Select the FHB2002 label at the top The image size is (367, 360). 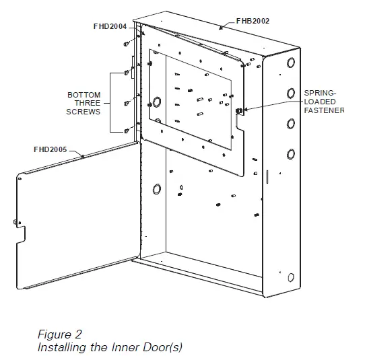click(253, 21)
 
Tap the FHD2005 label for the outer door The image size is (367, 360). click(50, 148)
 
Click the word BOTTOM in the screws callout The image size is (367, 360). click(84, 95)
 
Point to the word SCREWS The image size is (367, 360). click(84, 112)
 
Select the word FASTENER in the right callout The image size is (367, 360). click(324, 110)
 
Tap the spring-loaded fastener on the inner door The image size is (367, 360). click(239, 110)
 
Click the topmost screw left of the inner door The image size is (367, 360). click(127, 43)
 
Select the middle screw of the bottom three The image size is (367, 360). click(127, 103)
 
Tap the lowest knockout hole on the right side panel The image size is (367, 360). click(291, 277)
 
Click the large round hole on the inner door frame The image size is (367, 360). click(156, 102)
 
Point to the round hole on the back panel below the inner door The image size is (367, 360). click(156, 188)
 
